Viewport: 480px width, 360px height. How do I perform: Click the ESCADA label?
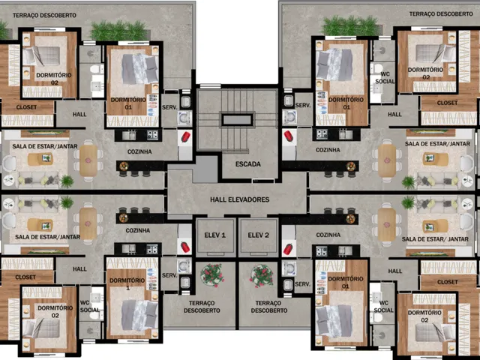pyautogui.click(x=248, y=164)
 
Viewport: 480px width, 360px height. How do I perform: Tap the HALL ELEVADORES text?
pyautogui.click(x=240, y=199)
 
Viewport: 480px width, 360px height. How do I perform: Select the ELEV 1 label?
pyautogui.click(x=215, y=235)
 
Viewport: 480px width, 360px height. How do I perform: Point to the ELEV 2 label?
pyautogui.click(x=258, y=235)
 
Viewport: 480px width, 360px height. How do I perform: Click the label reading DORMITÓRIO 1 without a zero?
pyautogui.click(x=127, y=283)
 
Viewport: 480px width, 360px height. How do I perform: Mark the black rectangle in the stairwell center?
pyautogui.click(x=237, y=120)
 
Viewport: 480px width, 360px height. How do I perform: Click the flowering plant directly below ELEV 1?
pyautogui.click(x=212, y=275)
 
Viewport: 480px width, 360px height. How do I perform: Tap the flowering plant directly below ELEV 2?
pyautogui.click(x=262, y=275)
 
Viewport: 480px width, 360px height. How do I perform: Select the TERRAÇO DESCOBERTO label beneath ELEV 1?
pyautogui.click(x=202, y=307)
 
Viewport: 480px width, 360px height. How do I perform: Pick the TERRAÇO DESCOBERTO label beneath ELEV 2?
pyautogui.click(x=269, y=307)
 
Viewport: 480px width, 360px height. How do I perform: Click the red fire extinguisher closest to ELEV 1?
pyautogui.click(x=185, y=247)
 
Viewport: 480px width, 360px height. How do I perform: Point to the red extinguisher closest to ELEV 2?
pyautogui.click(x=288, y=249)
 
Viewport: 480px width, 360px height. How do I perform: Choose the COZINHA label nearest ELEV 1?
pyautogui.click(x=138, y=230)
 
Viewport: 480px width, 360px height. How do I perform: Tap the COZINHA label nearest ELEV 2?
pyautogui.click(x=328, y=235)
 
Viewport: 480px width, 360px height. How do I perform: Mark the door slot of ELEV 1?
pyautogui.click(x=216, y=253)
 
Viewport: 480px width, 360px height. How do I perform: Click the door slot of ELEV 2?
pyautogui.click(x=258, y=253)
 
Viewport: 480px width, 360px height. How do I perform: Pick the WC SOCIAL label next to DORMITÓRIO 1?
pyautogui.click(x=90, y=306)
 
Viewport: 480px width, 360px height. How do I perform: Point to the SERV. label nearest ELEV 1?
pyautogui.click(x=169, y=275)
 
